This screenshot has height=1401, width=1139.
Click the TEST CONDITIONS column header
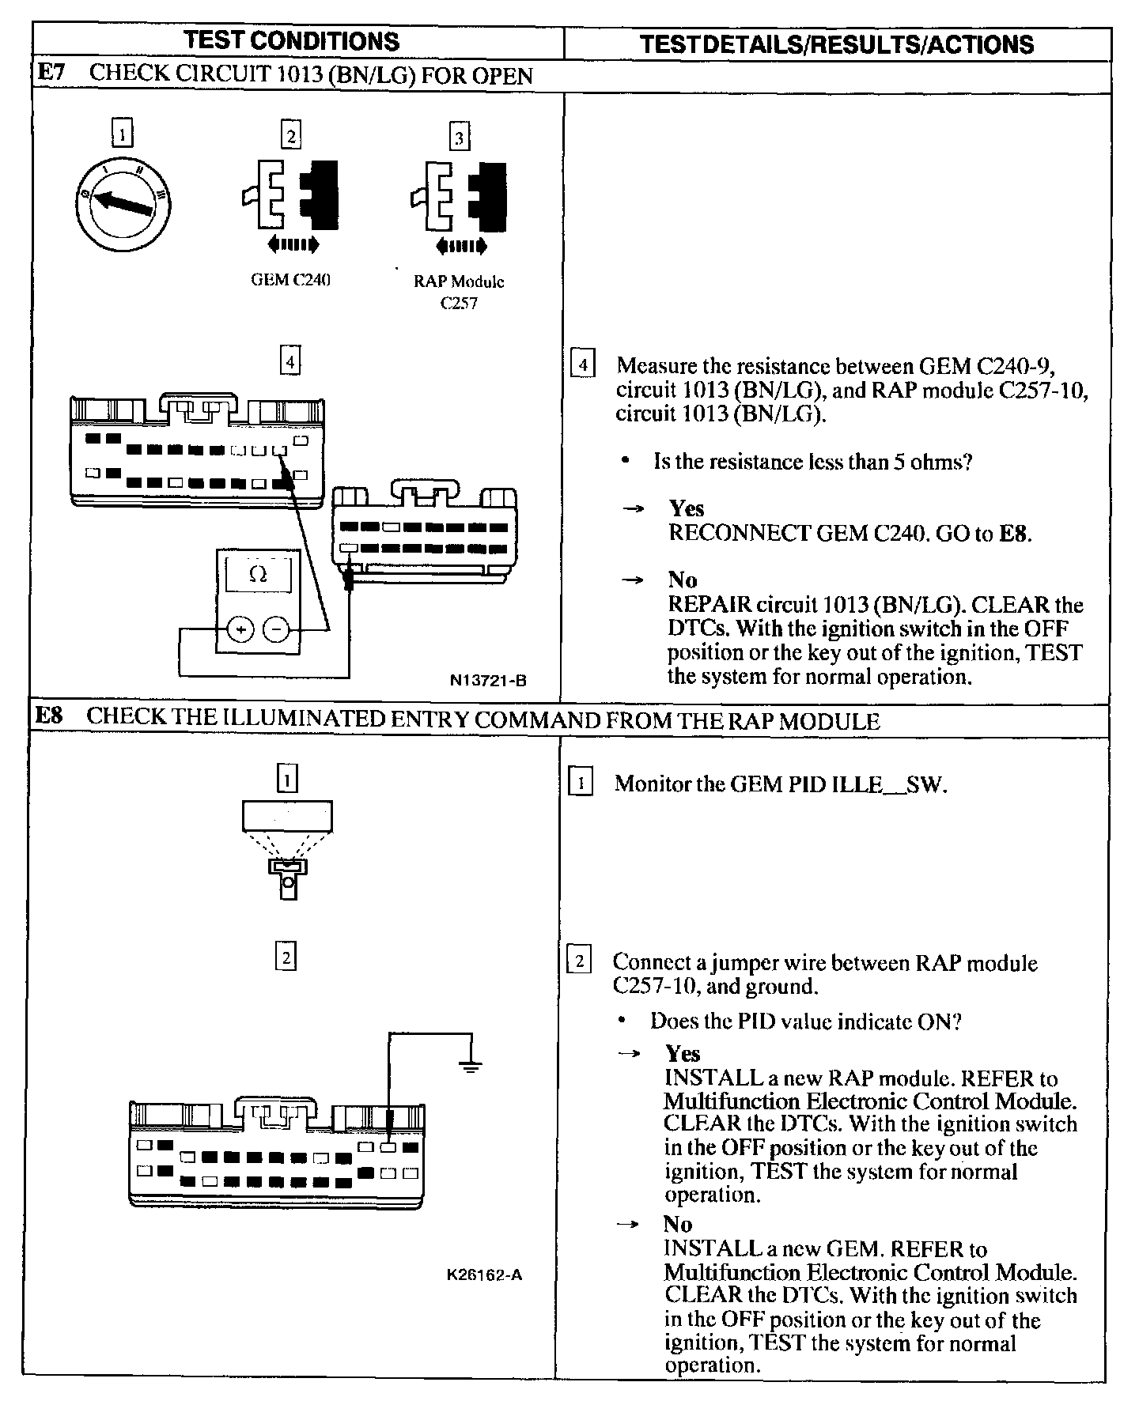(292, 42)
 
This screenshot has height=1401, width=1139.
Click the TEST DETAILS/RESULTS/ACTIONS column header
(836, 44)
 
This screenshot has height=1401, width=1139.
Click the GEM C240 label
(290, 281)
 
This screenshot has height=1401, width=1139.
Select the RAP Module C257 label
(459, 292)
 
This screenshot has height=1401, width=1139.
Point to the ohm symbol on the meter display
(258, 575)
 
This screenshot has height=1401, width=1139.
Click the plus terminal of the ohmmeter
(240, 629)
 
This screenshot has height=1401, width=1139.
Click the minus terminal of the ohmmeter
(276, 629)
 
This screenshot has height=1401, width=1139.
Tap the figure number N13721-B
(488, 680)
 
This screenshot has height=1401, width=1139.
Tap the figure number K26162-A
(484, 1275)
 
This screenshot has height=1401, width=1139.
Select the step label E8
(50, 717)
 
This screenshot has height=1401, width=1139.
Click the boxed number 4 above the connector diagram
(291, 362)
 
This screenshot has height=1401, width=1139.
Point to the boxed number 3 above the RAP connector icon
(460, 138)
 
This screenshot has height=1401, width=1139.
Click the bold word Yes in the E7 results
(686, 508)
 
